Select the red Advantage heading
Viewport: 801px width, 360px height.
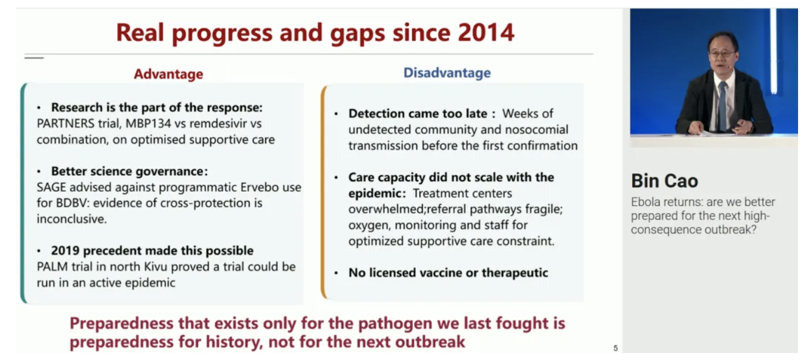click(168, 74)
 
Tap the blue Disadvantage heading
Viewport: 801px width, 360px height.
click(447, 73)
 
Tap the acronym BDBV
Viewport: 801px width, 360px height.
click(73, 203)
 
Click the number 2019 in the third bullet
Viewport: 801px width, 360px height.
click(65, 250)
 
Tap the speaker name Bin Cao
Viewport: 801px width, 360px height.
click(664, 181)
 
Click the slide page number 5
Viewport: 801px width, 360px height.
click(616, 348)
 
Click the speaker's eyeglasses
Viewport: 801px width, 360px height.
click(721, 53)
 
